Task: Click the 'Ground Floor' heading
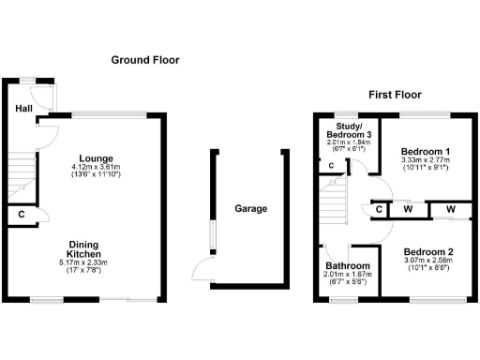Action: [145, 60]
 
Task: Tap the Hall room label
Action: [23, 109]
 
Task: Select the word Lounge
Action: [97, 157]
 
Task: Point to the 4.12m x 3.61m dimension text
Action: [97, 168]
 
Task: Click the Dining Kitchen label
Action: [83, 250]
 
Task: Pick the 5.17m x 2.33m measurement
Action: [83, 263]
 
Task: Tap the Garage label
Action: [250, 208]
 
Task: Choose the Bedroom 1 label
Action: [425, 151]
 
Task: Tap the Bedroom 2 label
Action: [428, 252]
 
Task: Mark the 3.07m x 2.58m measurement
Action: [428, 262]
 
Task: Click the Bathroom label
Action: [348, 267]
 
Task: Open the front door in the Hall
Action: [42, 97]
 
